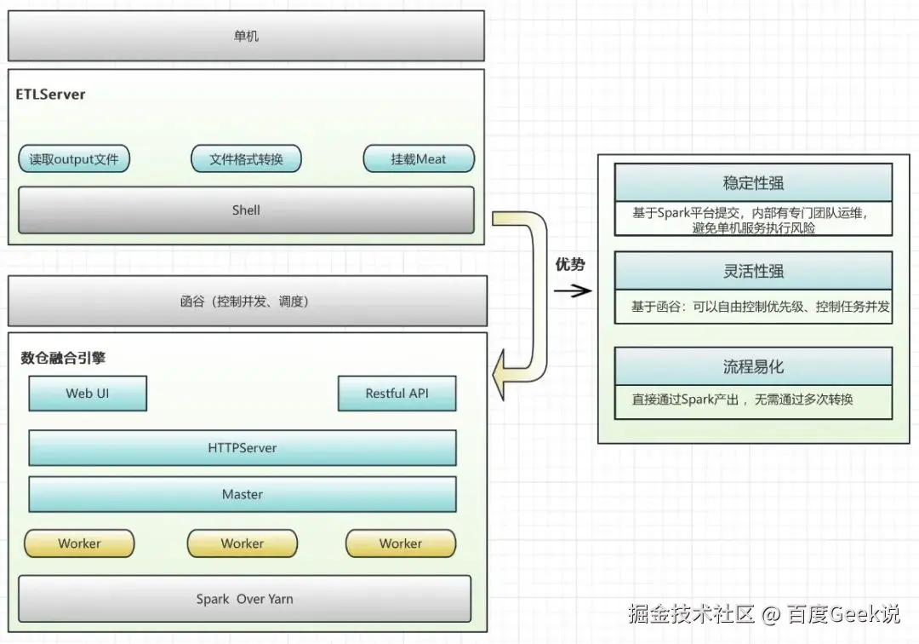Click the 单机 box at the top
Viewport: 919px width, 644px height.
(x=246, y=36)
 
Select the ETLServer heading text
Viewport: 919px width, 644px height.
(x=51, y=95)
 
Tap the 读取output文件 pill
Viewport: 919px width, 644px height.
(x=74, y=158)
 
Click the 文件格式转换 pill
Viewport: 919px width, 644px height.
(x=246, y=158)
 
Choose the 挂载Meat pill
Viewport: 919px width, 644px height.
(x=418, y=158)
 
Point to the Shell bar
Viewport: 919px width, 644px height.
(x=246, y=210)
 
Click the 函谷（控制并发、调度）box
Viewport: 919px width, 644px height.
(x=246, y=301)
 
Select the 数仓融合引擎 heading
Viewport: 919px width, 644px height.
(x=64, y=358)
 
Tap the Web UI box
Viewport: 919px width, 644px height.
(x=88, y=394)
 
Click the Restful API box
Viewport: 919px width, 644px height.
(x=397, y=394)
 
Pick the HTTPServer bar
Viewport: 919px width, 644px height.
(x=243, y=447)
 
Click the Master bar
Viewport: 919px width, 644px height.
(x=243, y=494)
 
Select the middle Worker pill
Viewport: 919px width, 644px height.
(x=243, y=543)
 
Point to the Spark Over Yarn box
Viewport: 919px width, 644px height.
(x=244, y=599)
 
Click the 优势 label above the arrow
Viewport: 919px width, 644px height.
(x=570, y=265)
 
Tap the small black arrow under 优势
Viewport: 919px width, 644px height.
(x=573, y=290)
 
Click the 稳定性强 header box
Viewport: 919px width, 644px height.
(x=753, y=182)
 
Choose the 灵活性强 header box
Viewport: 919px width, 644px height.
(x=753, y=271)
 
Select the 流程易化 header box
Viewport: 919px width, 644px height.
(x=753, y=366)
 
